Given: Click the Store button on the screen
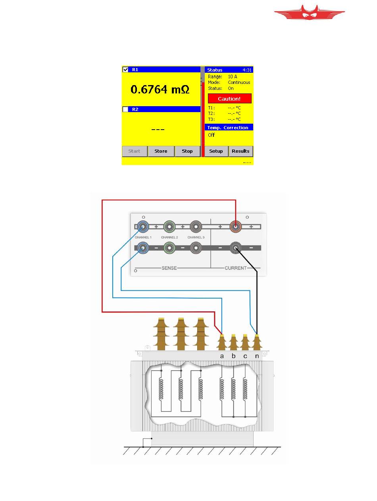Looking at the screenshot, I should [161, 151].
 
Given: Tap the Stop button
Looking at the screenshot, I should [187, 151].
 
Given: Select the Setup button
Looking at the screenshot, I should [216, 151].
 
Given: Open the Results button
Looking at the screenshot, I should [240, 151].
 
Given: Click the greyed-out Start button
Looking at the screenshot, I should [134, 151].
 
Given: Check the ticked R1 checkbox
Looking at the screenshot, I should [125, 70].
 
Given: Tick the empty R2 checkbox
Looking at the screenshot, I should [125, 109].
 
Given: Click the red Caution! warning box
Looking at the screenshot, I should [229, 99].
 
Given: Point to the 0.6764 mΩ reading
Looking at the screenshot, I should [160, 89].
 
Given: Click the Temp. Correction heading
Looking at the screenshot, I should [228, 128].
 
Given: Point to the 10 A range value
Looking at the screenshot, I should [233, 76].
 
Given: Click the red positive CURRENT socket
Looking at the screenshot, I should [235, 227].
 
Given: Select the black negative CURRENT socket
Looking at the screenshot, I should [235, 249].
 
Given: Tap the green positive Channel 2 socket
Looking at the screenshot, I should [169, 227].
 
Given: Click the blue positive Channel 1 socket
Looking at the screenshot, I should [143, 227].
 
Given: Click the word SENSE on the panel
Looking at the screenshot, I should [169, 268].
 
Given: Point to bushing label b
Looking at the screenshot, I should [233, 356].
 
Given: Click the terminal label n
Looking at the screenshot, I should [257, 356].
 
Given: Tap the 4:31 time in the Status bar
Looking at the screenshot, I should [247, 70].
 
